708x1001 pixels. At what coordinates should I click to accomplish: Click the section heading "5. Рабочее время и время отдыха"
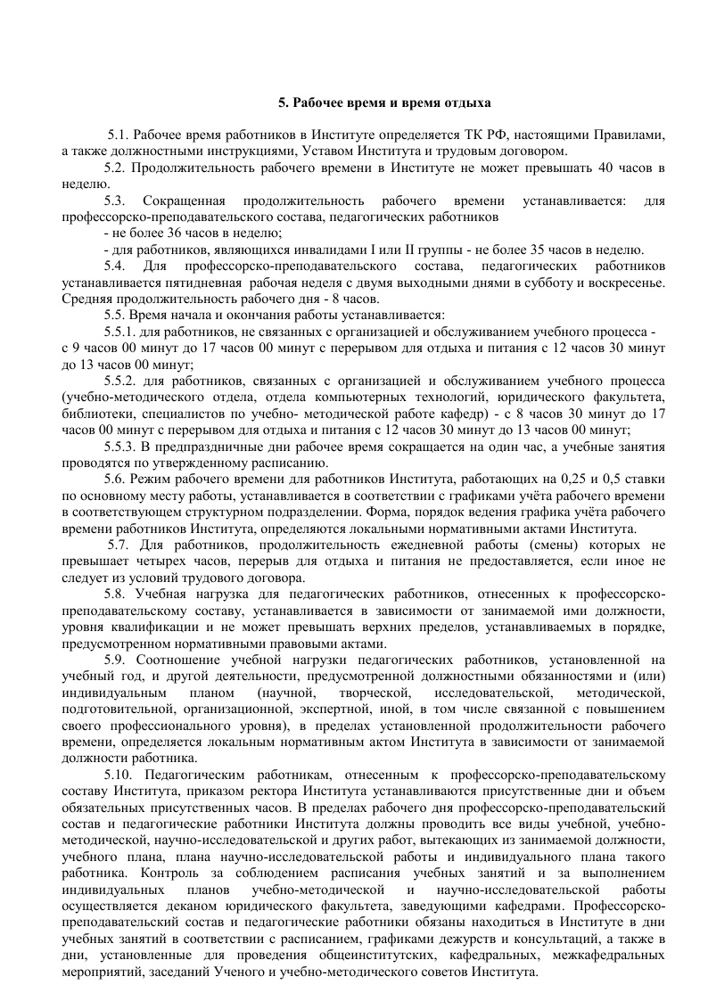pos(384,103)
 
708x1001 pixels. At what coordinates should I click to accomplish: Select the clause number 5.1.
pos(119,135)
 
